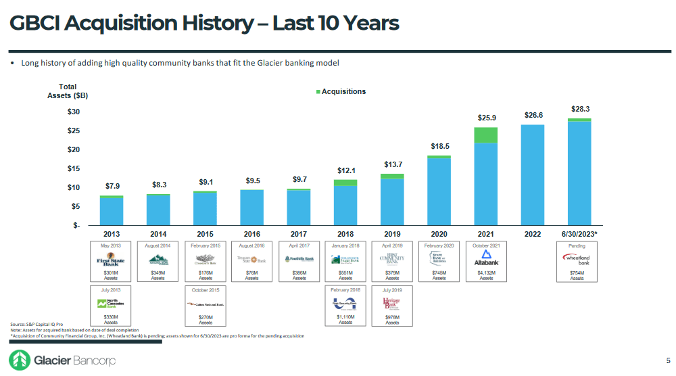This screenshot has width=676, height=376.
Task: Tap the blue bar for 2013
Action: click(x=112, y=211)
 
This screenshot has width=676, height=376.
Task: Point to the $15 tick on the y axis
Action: click(x=73, y=168)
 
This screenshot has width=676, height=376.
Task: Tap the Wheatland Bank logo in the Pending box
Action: click(x=577, y=260)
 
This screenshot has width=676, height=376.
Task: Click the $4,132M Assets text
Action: click(x=485, y=275)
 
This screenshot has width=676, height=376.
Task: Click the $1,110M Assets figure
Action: click(x=345, y=319)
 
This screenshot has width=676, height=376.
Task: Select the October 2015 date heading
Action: click(x=205, y=289)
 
